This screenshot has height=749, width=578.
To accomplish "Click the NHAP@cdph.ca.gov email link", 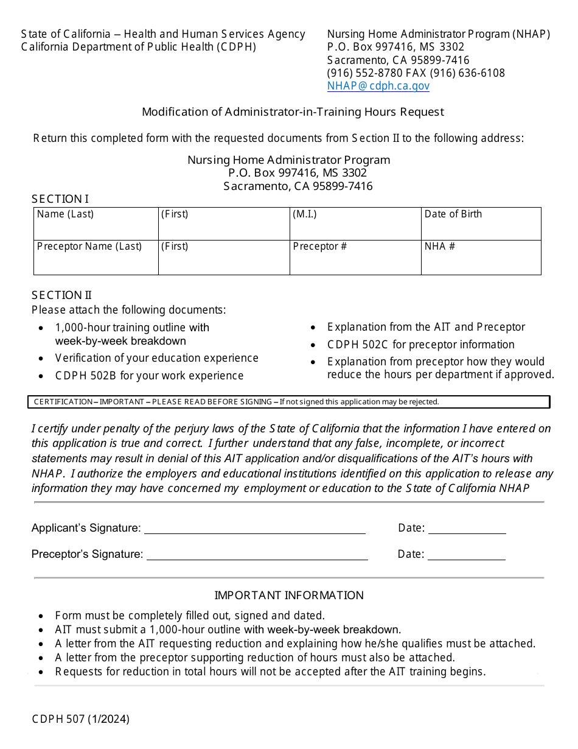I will click(378, 86).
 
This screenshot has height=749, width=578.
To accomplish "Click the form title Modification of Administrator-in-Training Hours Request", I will click(293, 112).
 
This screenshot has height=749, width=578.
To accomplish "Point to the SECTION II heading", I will click(61, 295).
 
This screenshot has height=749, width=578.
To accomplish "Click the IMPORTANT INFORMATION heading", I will click(289, 596).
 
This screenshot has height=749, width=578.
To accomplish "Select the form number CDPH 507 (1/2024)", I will click(81, 719).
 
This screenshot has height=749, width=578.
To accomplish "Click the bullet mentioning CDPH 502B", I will click(149, 376).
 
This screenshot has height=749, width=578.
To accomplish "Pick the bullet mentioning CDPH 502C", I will click(420, 345).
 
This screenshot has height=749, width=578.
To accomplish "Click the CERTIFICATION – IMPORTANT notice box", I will click(288, 402).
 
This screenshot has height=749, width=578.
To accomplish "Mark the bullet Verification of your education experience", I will click(156, 358).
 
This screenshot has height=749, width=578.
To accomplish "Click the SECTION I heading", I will click(60, 199).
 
